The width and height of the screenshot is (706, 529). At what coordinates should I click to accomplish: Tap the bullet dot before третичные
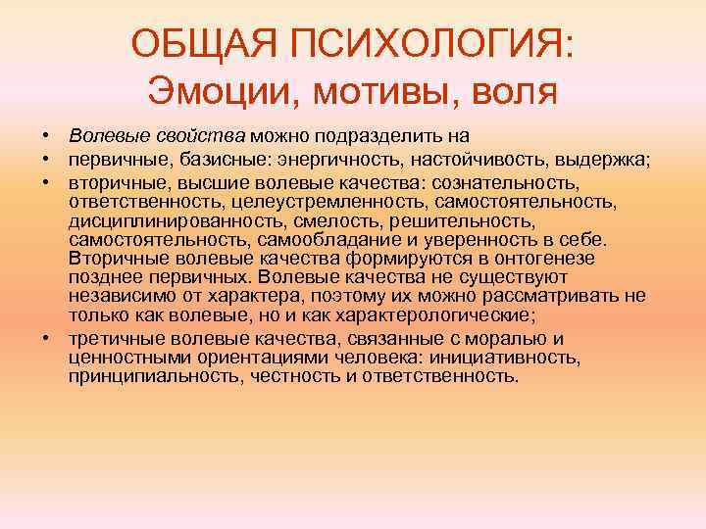click(x=46, y=338)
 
